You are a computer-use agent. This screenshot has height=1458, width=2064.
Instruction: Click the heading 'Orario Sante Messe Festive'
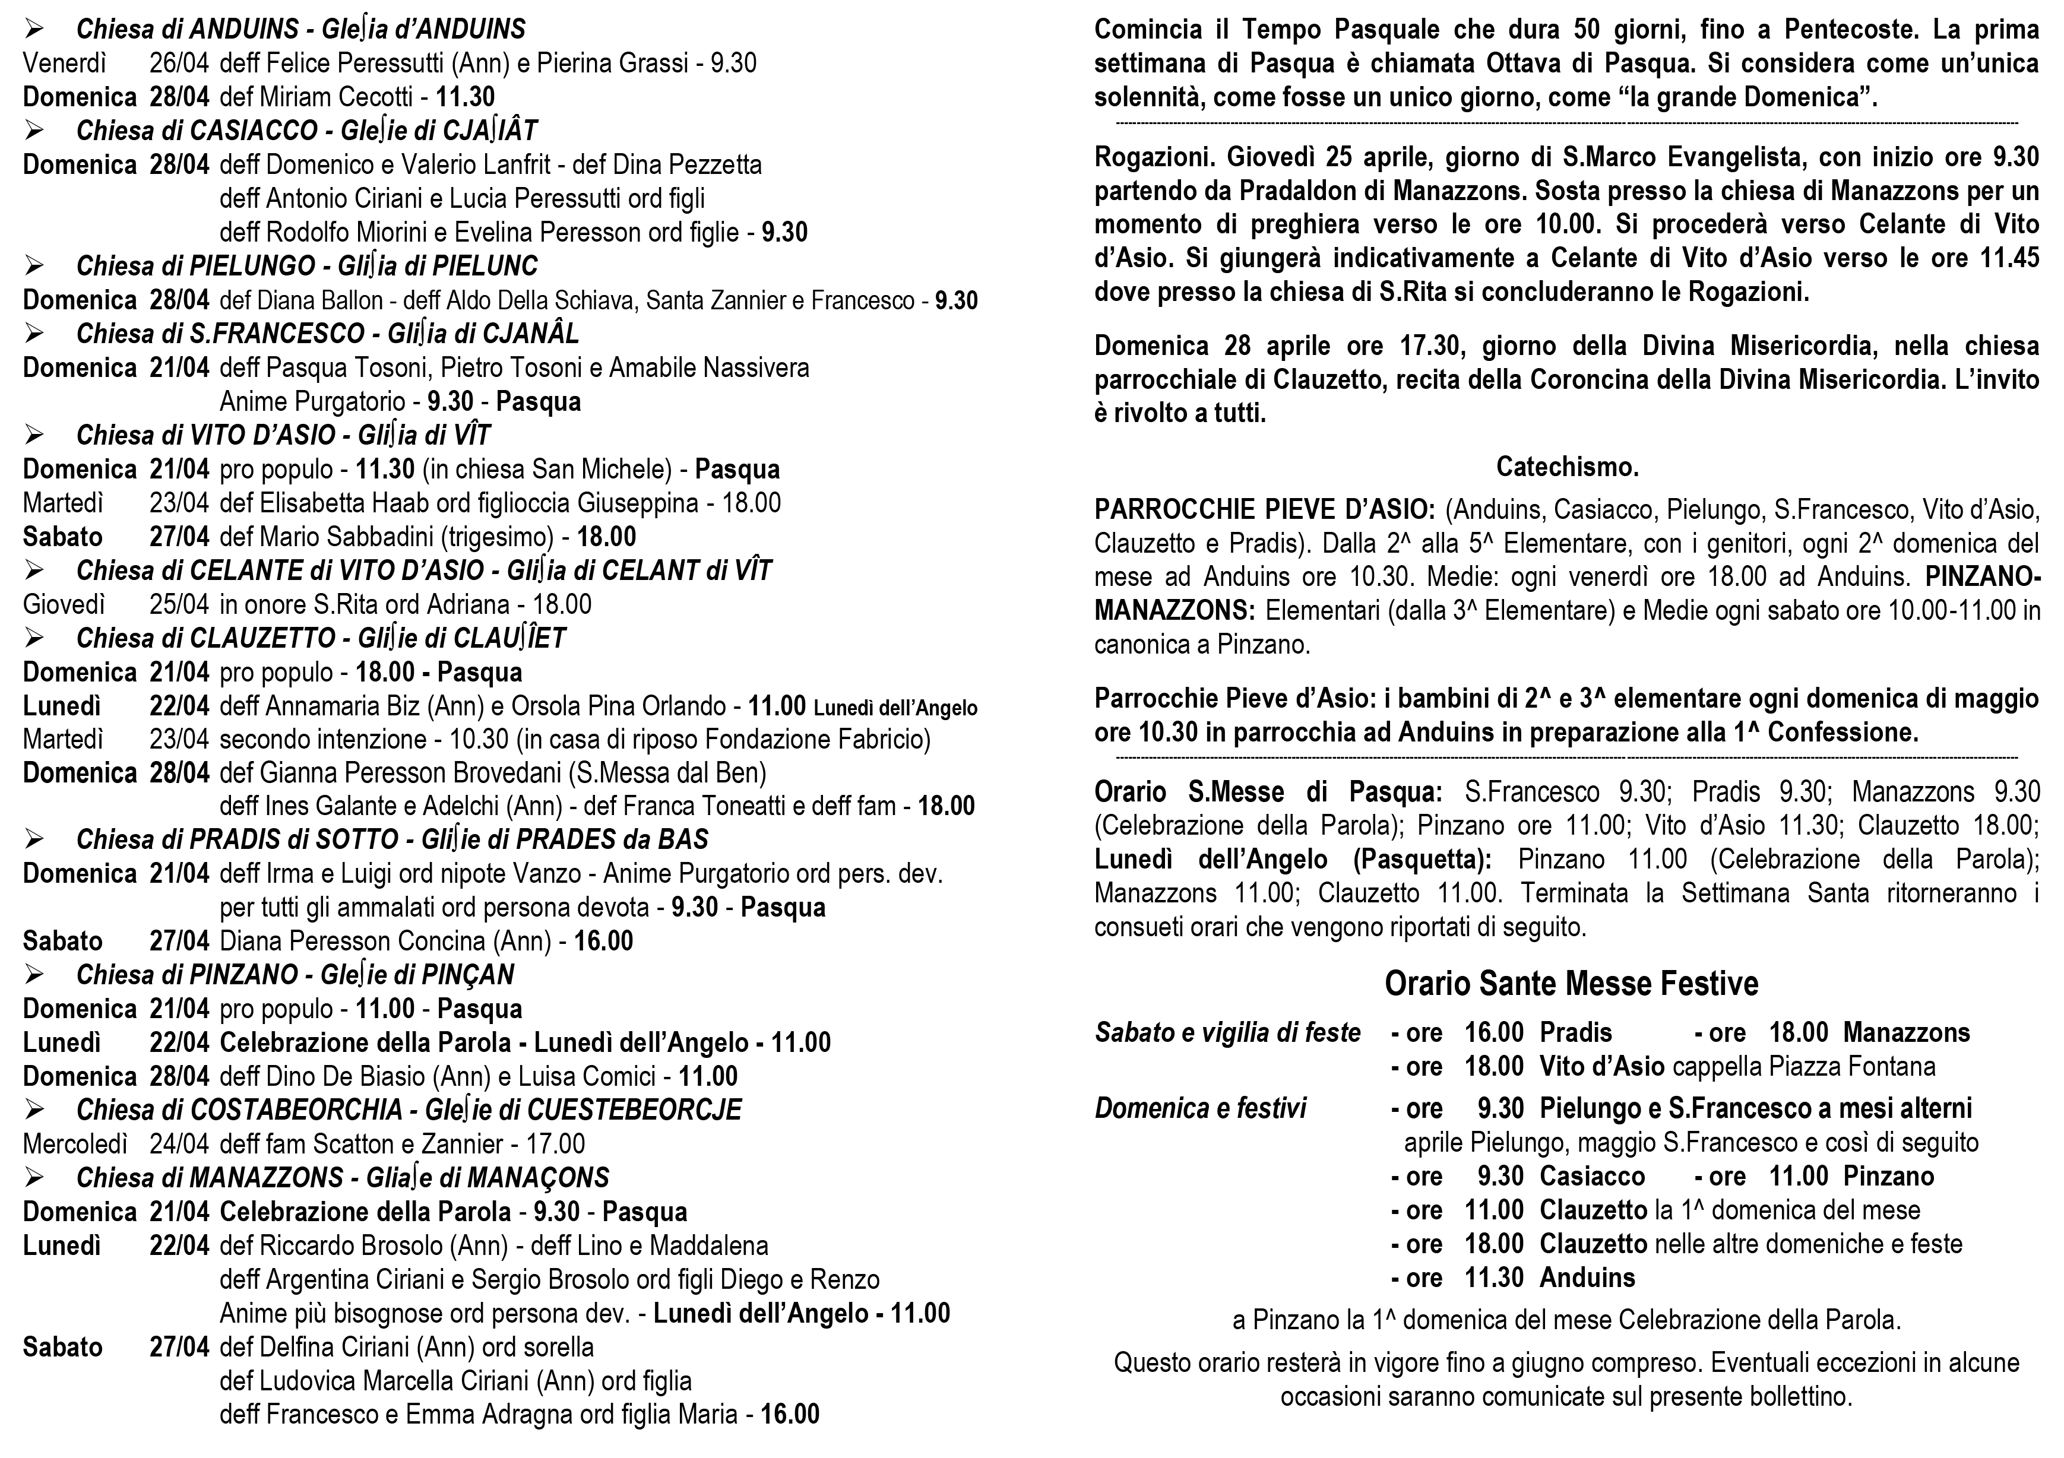point(1571,984)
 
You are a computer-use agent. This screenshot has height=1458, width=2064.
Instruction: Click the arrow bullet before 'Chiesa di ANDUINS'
point(35,30)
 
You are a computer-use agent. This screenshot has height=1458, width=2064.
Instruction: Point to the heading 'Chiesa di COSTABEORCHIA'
point(239,1110)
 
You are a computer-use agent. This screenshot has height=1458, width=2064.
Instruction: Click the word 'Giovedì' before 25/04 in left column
point(64,604)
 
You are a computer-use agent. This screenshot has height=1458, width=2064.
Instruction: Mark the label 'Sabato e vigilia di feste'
point(1227,1033)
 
